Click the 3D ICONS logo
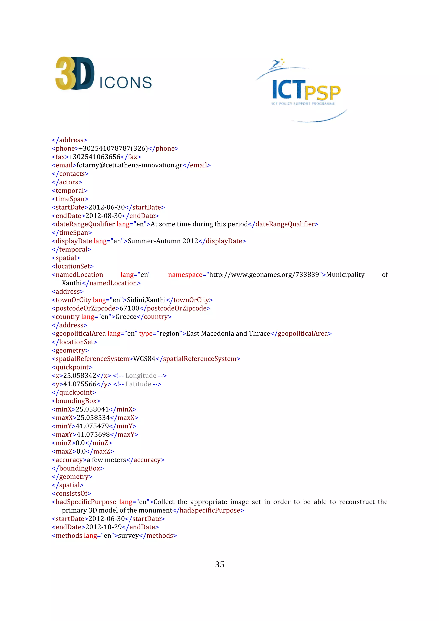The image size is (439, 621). (103, 73)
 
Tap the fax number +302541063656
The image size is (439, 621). (95, 157)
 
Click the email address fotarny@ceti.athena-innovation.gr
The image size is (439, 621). (129, 165)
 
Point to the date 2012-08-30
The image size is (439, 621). (104, 216)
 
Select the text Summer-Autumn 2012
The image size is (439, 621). (163, 241)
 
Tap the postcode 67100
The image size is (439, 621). (129, 308)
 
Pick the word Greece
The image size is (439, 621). (126, 317)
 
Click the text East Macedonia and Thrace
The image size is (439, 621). (228, 333)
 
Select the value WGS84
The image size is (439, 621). (144, 359)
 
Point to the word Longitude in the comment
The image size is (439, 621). (141, 376)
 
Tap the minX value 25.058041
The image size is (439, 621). (92, 409)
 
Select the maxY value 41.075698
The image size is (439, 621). (93, 435)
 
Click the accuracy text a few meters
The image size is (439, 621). (106, 460)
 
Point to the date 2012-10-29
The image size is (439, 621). (104, 527)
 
